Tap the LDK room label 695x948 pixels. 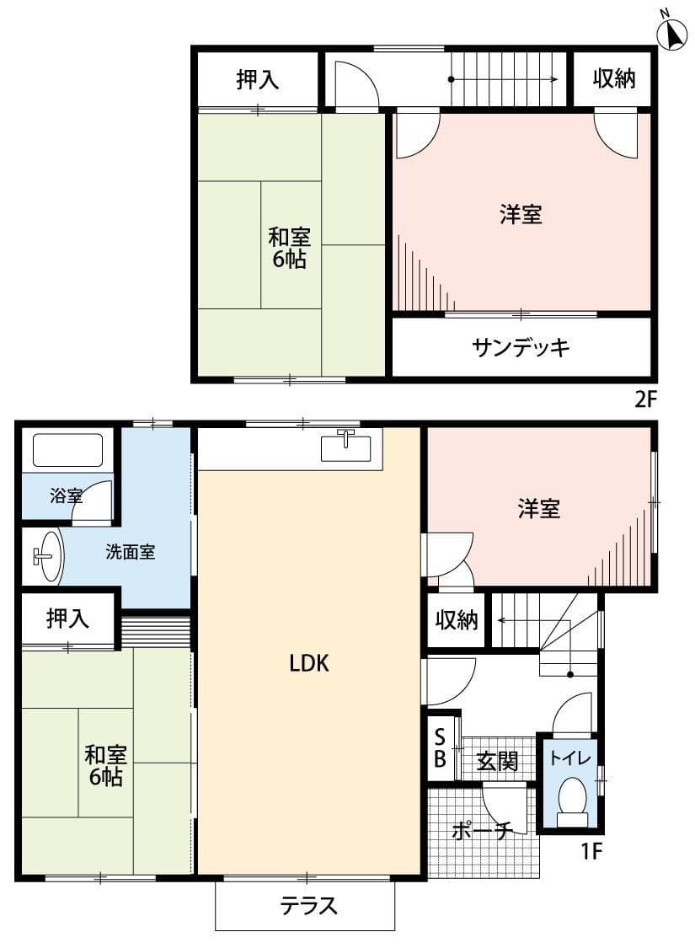tap(308, 664)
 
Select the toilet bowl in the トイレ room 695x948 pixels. tap(573, 798)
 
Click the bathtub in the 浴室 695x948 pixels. tap(67, 450)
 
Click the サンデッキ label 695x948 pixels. tap(522, 347)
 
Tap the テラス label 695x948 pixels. tap(308, 906)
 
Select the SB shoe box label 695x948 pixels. tap(440, 747)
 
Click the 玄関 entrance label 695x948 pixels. tap(497, 761)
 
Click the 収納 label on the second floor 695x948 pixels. tap(613, 79)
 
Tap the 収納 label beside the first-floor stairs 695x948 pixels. tap(457, 621)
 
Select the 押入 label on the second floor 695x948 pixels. tap(257, 80)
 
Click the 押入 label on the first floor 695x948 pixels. tap(67, 619)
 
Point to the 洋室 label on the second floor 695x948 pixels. tap(521, 215)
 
